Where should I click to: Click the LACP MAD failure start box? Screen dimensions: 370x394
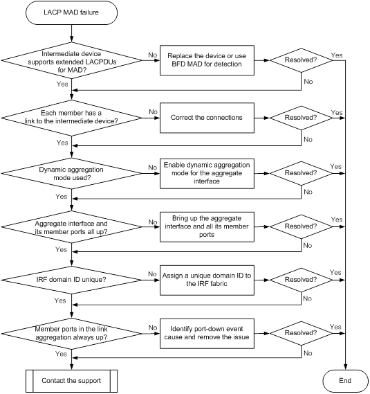pyautogui.click(x=71, y=12)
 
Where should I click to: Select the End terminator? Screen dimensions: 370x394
pyautogui.click(x=345, y=381)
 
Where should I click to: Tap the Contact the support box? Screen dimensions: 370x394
pyautogui.click(x=71, y=381)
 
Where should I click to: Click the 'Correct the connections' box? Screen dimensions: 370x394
pyautogui.click(x=207, y=118)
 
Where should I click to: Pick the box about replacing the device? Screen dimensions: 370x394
pyautogui.click(x=207, y=60)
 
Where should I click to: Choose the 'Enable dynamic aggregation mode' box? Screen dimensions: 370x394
pyautogui.click(x=207, y=173)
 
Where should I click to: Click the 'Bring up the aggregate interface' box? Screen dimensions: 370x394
pyautogui.click(x=207, y=226)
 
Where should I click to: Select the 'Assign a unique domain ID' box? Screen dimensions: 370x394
pyautogui.click(x=207, y=280)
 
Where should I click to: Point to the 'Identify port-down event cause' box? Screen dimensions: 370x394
pyautogui.click(x=207, y=334)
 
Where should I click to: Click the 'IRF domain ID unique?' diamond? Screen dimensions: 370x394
pyautogui.click(x=71, y=280)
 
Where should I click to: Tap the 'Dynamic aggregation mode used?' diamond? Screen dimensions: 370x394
pyautogui.click(x=71, y=173)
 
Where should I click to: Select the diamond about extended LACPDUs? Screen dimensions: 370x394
pyautogui.click(x=71, y=60)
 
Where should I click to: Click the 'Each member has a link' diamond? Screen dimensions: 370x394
pyautogui.click(x=71, y=118)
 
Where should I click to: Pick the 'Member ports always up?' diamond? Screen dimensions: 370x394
pyautogui.click(x=71, y=334)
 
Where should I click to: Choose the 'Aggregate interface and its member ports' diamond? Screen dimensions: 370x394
pyautogui.click(x=71, y=226)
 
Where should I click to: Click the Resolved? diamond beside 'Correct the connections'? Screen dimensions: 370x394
pyautogui.click(x=302, y=118)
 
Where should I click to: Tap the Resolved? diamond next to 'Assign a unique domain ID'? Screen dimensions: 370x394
pyautogui.click(x=302, y=280)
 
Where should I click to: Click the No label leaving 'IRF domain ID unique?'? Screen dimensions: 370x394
pyautogui.click(x=152, y=274)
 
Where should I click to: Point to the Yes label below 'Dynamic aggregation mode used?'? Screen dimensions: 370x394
pyautogui.click(x=62, y=196)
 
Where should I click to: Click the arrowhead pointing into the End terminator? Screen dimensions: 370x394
pyautogui.click(x=345, y=367)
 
